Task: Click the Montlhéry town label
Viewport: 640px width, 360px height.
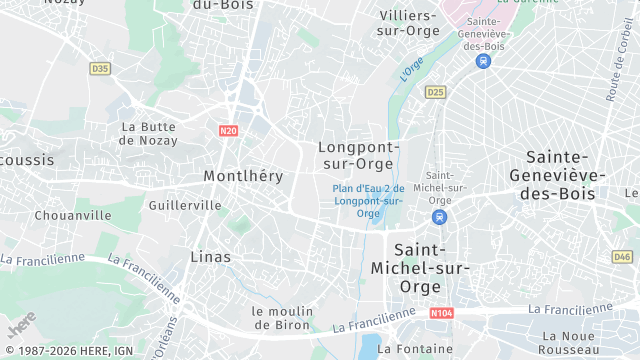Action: (243, 175)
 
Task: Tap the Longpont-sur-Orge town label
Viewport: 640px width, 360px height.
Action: (359, 155)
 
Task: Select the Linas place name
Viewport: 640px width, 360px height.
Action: (211, 257)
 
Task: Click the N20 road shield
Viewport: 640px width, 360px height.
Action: (228, 130)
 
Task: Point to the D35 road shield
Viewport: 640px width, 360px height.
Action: (99, 69)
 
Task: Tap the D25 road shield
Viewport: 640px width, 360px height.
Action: (434, 92)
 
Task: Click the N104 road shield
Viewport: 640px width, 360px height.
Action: (441, 313)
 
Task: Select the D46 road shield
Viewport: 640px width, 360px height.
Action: (621, 257)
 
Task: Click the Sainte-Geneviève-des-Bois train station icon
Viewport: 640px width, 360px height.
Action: (484, 60)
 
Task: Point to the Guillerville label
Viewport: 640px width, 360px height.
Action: (184, 205)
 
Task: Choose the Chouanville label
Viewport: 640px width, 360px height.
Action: (73, 215)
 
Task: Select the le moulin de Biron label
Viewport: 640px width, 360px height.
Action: (284, 317)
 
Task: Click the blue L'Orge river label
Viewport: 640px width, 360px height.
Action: (412, 68)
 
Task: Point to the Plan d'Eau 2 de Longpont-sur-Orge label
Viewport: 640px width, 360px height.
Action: (368, 200)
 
